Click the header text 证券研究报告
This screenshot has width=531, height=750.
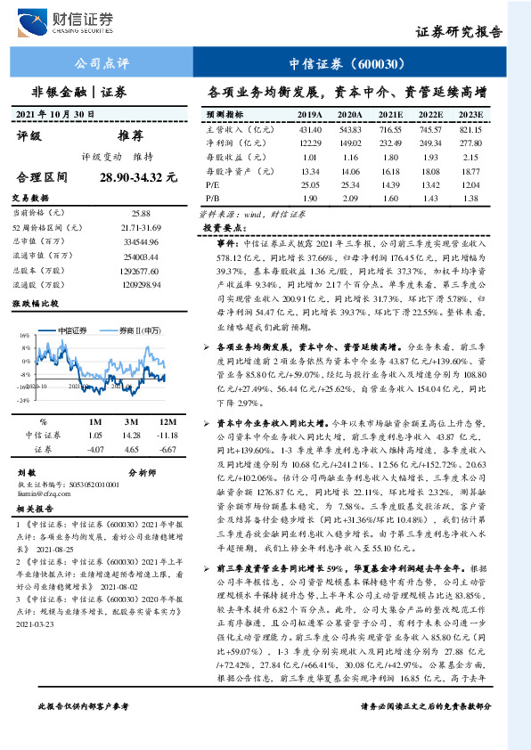point(460,32)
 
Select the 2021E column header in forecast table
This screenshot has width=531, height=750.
point(391,116)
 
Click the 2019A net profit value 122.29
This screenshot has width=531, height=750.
point(310,143)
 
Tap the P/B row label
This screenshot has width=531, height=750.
point(211,197)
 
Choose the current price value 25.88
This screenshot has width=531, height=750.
point(140,213)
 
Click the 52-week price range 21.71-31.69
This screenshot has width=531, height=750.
point(140,230)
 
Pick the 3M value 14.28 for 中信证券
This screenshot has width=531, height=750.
point(131,435)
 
